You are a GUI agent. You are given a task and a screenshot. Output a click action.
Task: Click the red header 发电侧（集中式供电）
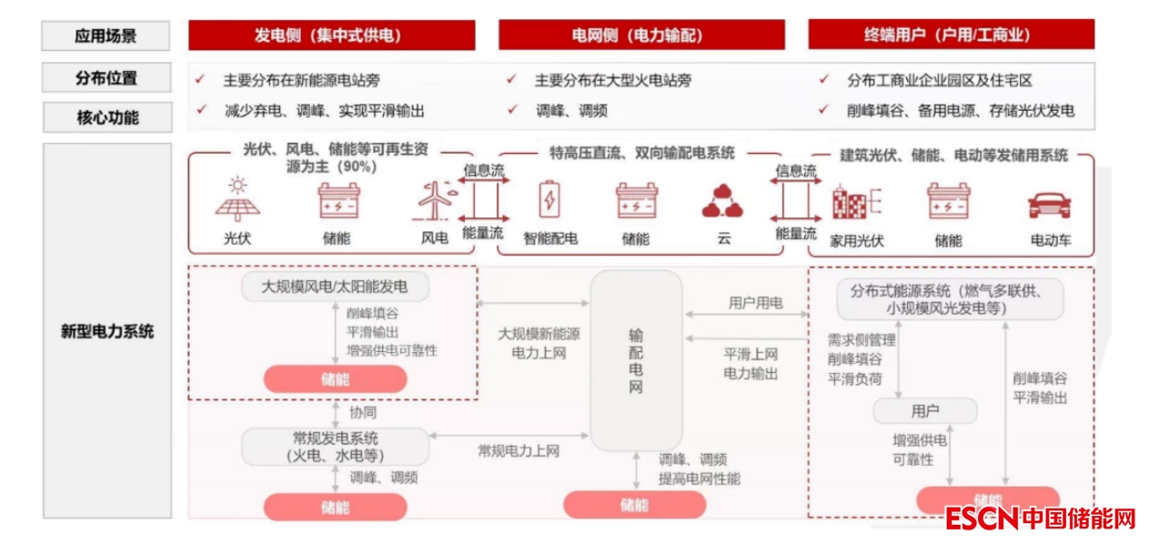tap(331, 35)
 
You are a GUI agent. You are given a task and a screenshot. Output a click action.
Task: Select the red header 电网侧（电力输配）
tap(640, 35)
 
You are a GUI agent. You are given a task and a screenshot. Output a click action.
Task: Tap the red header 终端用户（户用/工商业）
tap(951, 35)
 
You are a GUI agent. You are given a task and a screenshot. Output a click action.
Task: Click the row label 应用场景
tap(106, 36)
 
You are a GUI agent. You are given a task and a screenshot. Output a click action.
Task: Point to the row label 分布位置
tap(106, 78)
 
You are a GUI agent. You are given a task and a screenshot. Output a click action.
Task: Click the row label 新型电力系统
tap(106, 331)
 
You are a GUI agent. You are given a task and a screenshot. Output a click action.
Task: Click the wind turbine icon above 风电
tap(434, 201)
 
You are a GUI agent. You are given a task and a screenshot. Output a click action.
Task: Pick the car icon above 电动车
tap(1050, 204)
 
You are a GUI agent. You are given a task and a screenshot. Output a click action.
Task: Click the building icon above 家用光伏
tap(855, 201)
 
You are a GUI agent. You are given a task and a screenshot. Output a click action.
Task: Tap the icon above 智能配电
tap(549, 200)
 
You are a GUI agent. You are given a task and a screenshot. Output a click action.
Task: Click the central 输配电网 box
tap(636, 360)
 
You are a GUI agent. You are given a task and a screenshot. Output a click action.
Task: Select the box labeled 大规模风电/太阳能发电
tap(335, 287)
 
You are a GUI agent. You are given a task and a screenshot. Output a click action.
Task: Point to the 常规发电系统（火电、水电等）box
tap(335, 447)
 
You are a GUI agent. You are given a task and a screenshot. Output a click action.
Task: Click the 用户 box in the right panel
tap(924, 411)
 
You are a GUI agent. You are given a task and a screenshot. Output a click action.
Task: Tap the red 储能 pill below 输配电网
tap(634, 504)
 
